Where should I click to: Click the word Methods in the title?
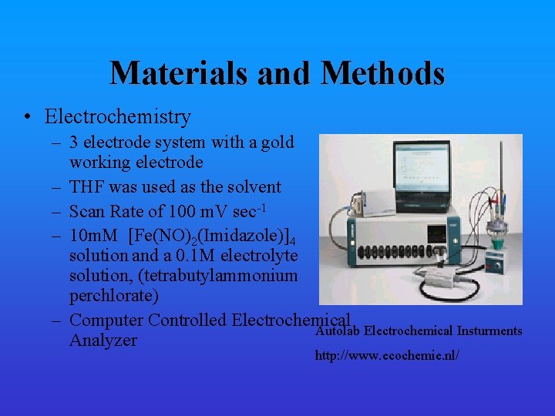(382, 73)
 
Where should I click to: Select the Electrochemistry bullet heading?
(117, 117)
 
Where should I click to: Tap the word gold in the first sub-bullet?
(277, 143)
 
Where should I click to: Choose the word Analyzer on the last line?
(103, 341)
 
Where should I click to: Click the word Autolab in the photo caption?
(337, 331)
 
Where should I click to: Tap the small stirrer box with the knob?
(496, 264)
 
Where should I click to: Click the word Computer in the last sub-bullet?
(106, 320)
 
